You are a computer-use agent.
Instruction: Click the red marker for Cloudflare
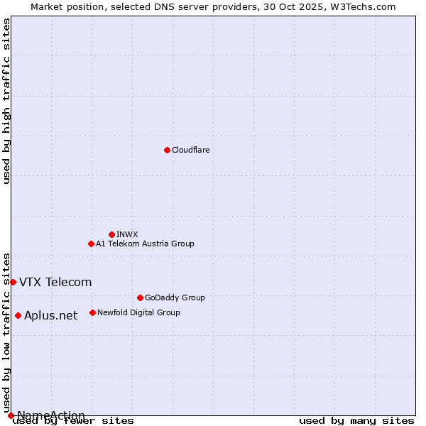pos(167,150)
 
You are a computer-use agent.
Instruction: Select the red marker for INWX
pos(111,234)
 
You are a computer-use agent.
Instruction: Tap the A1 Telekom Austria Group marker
pos(91,244)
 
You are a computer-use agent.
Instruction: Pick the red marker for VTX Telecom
pos(13,282)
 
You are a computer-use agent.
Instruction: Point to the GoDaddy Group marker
pos(140,297)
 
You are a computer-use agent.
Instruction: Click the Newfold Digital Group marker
pos(92,312)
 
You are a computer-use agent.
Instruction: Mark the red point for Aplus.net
pos(18,315)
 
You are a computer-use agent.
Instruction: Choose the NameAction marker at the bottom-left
pos(11,415)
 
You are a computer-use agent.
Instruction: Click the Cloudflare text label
pos(191,150)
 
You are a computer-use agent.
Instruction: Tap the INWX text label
pos(127,234)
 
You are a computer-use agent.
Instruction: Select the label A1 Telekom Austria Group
pos(145,244)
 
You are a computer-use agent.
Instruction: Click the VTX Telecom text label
pos(55,282)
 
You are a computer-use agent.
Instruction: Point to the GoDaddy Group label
pos(175,297)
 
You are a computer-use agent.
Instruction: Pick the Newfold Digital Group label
pos(138,312)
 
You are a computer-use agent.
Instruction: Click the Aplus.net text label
pos(50,316)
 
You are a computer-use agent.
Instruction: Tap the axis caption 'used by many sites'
pos(356,421)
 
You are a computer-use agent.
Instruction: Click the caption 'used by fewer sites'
pos(74,421)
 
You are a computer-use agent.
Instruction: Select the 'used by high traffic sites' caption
pos(6,101)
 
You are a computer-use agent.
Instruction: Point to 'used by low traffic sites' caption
pos(6,332)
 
